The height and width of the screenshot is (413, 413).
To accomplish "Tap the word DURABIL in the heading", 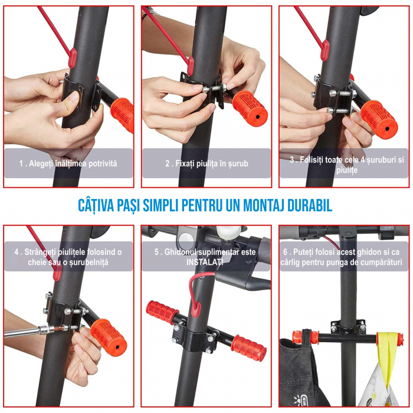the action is pyautogui.click(x=310, y=205).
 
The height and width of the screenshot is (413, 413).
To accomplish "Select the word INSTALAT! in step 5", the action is pyautogui.click(x=205, y=262).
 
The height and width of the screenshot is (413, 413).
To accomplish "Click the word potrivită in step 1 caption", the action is pyautogui.click(x=103, y=163).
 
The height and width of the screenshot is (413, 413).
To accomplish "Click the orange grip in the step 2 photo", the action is pyautogui.click(x=250, y=108).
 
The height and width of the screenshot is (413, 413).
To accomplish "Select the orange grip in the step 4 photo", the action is pyautogui.click(x=109, y=337).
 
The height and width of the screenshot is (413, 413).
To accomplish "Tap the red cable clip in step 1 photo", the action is pyautogui.click(x=73, y=58).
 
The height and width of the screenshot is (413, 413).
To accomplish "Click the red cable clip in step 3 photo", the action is pyautogui.click(x=326, y=50).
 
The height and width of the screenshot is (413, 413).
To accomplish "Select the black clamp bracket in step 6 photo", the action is pyautogui.click(x=348, y=326).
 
